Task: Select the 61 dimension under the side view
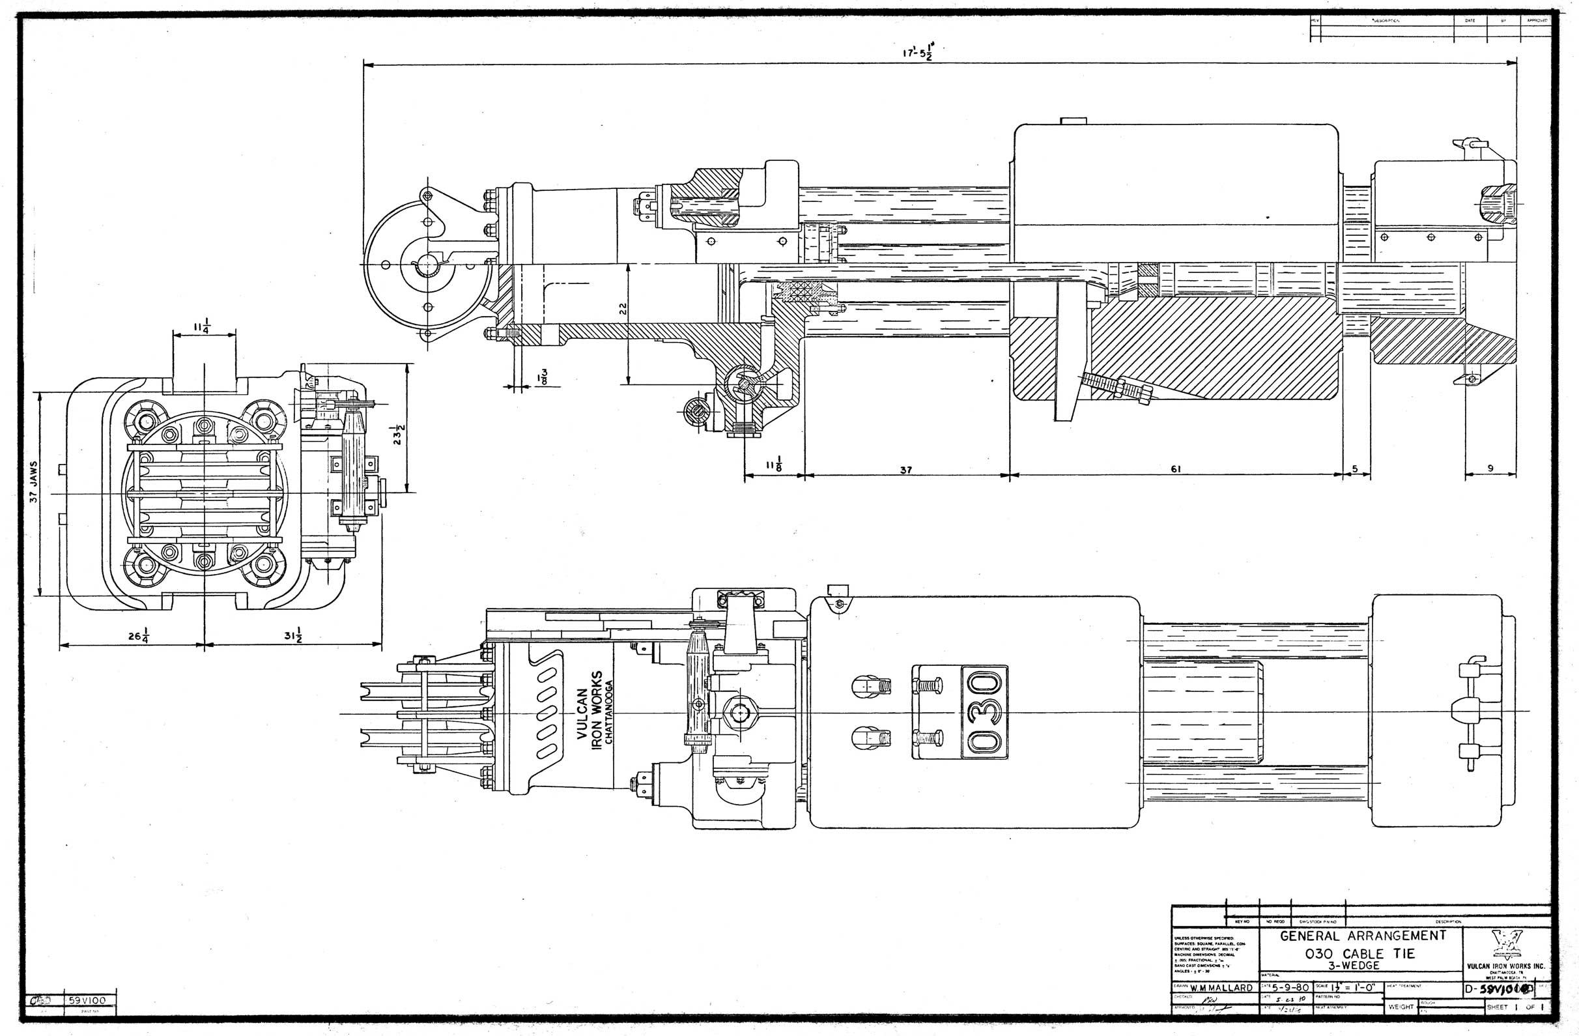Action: coord(1175,468)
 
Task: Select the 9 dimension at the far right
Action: coord(1490,468)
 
